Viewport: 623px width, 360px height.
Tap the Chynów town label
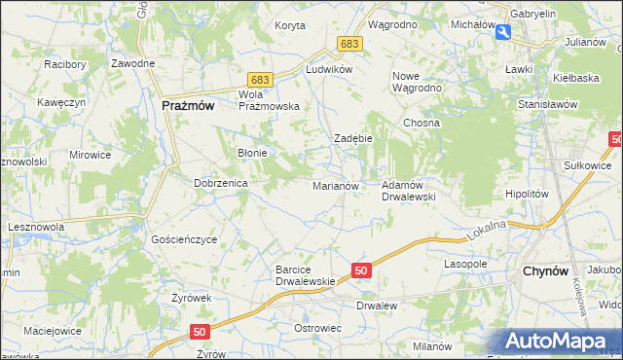pos(545,271)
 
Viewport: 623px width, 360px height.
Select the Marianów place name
pos(336,185)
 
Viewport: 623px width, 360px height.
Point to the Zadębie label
pos(353,138)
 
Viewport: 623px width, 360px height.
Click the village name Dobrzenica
pos(221,182)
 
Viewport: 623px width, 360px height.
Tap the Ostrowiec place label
pos(317,328)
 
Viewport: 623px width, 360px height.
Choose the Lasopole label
pos(465,264)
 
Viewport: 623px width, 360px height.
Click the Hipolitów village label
pos(528,194)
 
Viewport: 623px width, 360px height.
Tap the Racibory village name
pos(65,64)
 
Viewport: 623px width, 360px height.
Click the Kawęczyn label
pos(55,101)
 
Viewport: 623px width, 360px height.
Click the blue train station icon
pos(502,32)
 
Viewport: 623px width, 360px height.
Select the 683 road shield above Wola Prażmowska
pos(258,78)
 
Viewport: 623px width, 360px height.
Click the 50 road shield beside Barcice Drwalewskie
pos(361,270)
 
